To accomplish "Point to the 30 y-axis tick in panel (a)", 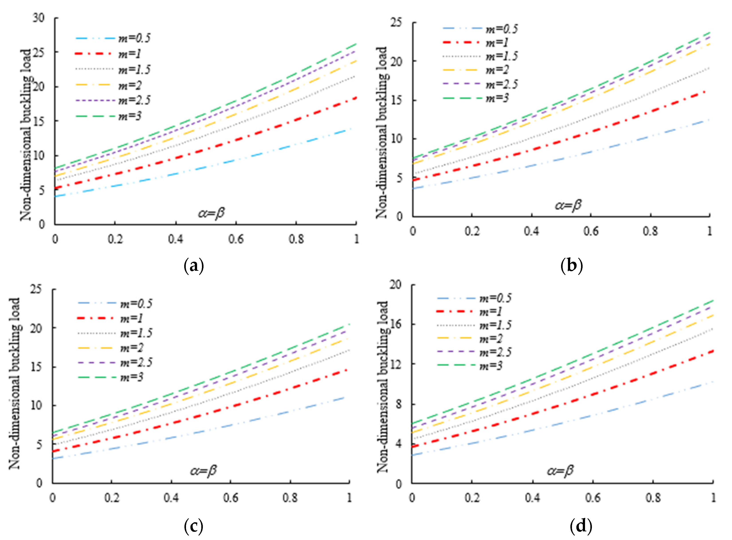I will click(x=39, y=18).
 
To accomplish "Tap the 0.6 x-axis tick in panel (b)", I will click(x=591, y=231).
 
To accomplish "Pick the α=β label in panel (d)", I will click(x=560, y=471).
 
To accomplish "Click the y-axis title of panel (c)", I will click(x=15, y=383).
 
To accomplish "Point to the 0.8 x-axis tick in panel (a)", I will click(x=296, y=239).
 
